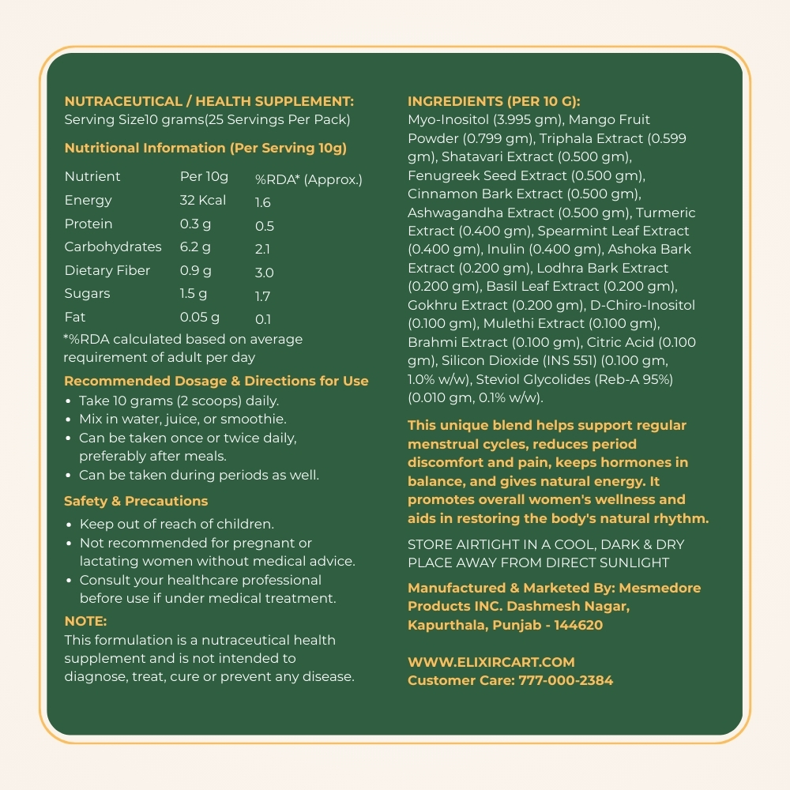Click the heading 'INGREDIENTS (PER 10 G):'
point(494,101)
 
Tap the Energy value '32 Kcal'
point(203,200)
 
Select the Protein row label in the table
point(88,224)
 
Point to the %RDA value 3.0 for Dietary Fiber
point(264,273)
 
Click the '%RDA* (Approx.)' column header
point(308,179)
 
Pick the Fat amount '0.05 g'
point(200,317)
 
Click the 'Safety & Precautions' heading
point(136,501)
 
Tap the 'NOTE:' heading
point(85,621)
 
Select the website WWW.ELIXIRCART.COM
point(491,662)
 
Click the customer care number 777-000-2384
point(566,680)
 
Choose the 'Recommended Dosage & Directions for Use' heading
point(216,381)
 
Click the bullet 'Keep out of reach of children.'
point(177,524)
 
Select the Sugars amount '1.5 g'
point(194,293)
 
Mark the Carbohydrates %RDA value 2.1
point(263,250)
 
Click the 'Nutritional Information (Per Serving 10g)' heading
point(205,148)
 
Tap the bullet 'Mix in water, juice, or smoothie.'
point(182,419)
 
